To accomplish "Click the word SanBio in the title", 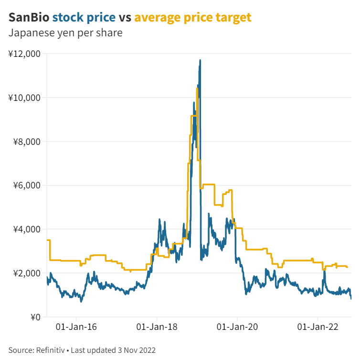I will click(29, 18).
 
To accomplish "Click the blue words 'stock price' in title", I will click(84, 18).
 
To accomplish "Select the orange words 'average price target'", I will click(192, 18).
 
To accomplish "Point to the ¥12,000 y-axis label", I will click(24, 54).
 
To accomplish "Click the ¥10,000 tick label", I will click(24, 98).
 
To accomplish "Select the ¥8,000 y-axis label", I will click(26, 142).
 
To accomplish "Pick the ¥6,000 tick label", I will click(26, 185).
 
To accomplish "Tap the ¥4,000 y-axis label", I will click(26, 229).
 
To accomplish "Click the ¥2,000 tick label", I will click(26, 273).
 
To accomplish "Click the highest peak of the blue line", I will click(200, 60).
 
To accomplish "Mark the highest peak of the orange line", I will click(197, 88).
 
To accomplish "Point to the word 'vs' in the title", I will click(125, 18).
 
